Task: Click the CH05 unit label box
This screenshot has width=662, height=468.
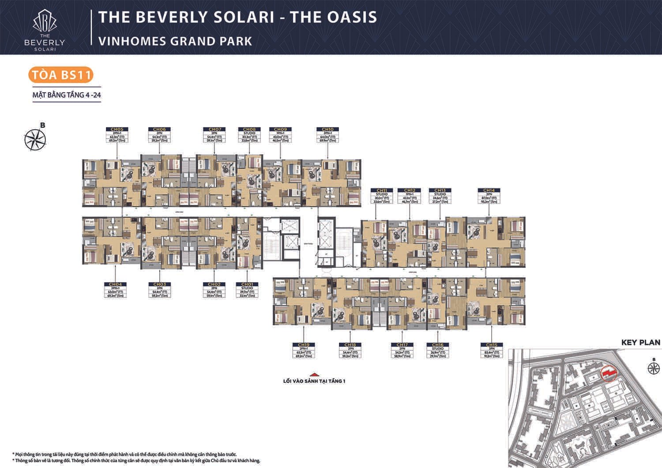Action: tap(117, 135)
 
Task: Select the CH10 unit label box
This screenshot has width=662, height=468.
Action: tap(327, 135)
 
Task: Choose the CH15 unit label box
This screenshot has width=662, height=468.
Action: tap(492, 351)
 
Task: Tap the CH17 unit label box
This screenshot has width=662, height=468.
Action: tap(402, 351)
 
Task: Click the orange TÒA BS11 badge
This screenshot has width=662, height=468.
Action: tap(61, 75)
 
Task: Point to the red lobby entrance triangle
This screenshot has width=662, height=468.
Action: tap(314, 373)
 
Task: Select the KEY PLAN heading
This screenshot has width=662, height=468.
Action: tap(640, 342)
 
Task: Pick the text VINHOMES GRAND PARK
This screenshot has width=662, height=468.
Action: tap(175, 41)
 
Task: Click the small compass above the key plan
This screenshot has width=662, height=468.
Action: tap(652, 368)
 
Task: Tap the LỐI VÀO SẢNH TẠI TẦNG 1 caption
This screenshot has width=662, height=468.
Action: tap(314, 381)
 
